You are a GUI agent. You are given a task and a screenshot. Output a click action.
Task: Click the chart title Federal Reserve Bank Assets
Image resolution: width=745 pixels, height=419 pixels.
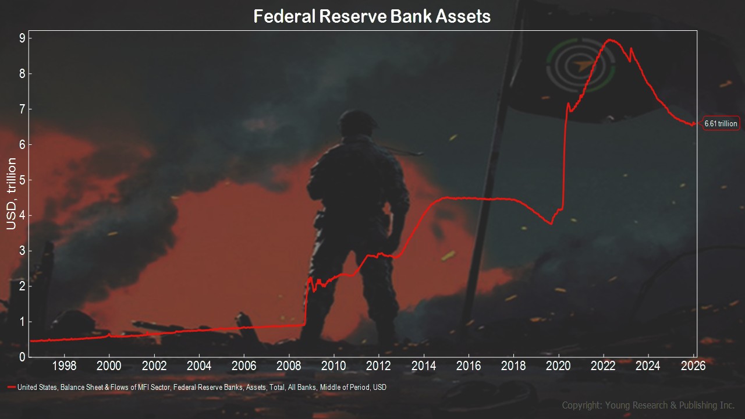click(372, 16)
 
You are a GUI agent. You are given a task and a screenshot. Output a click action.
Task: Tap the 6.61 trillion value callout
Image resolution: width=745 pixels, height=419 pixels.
click(721, 123)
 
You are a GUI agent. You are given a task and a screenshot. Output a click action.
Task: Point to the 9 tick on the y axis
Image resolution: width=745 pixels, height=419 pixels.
click(22, 38)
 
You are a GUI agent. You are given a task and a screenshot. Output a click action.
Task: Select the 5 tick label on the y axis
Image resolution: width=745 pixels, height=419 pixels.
click(22, 180)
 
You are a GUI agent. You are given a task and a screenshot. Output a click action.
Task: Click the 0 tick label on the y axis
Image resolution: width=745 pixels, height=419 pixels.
click(22, 357)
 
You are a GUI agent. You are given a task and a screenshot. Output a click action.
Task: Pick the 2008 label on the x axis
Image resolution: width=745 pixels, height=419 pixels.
click(289, 366)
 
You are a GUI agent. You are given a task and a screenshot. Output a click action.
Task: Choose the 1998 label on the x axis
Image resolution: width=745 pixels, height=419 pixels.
click(64, 366)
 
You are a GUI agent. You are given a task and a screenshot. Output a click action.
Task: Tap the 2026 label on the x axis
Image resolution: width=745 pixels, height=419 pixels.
click(693, 366)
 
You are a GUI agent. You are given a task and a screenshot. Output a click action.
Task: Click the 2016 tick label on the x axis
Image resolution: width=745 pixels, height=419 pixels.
click(469, 366)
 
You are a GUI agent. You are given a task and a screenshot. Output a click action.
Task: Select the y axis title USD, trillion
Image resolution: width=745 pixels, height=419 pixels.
click(11, 194)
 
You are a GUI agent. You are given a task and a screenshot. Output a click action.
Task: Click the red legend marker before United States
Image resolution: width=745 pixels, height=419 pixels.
click(12, 387)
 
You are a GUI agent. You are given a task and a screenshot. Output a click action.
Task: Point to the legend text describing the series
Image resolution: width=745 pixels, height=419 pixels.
click(202, 387)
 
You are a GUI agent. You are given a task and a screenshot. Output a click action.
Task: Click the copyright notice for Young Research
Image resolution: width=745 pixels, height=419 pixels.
click(648, 405)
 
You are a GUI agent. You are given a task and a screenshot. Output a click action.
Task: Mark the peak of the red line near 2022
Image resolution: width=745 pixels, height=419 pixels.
click(610, 40)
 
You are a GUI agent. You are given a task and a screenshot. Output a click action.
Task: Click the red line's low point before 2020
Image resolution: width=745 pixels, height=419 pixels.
click(551, 223)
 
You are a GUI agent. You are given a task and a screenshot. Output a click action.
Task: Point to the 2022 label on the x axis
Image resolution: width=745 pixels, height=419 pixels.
click(603, 366)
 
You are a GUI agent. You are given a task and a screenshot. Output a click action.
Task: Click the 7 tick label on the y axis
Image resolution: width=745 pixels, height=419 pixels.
click(22, 109)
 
